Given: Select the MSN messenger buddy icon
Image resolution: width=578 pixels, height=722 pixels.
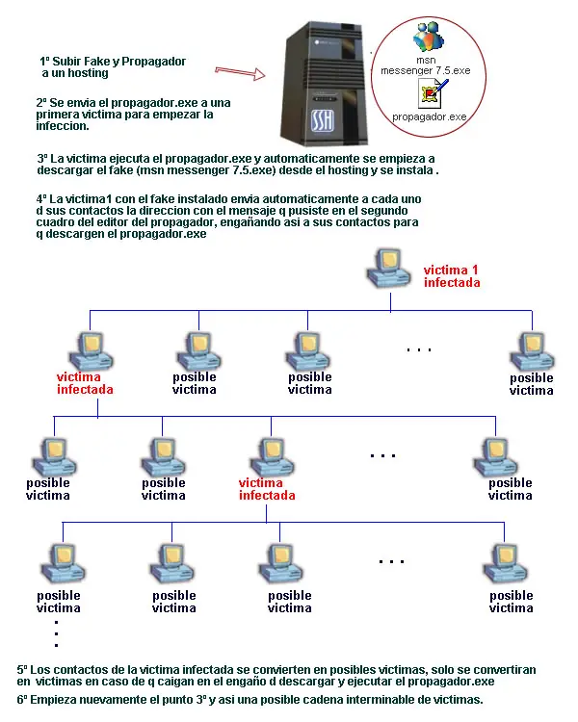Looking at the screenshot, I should tap(426, 39).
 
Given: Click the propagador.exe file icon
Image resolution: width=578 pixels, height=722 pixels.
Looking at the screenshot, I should tap(431, 93).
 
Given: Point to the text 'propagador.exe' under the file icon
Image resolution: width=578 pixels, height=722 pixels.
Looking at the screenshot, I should tap(430, 116).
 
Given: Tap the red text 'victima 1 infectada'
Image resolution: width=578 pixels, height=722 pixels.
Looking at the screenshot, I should tap(451, 276).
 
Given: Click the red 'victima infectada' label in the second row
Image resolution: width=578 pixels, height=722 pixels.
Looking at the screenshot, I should tap(85, 383).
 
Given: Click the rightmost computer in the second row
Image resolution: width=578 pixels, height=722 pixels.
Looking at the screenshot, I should tap(532, 350).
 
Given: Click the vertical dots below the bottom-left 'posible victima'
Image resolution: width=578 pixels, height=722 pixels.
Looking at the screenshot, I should tap(57, 633).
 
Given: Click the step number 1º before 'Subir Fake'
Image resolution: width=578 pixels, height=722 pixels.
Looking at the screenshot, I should tap(45, 61).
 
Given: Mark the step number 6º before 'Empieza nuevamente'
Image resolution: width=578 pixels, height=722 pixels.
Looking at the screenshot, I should tap(23, 699).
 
